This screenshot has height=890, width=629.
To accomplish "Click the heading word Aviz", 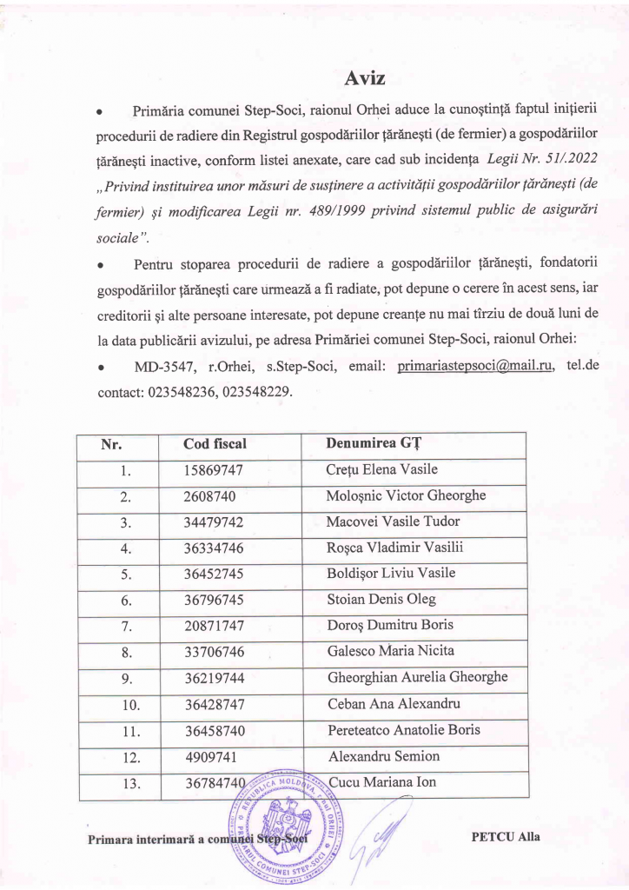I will (x=365, y=78).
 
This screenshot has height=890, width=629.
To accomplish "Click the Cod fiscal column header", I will (x=215, y=444).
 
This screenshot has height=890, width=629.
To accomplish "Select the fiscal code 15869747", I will (x=213, y=470).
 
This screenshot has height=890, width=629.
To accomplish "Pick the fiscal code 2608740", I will (x=209, y=496).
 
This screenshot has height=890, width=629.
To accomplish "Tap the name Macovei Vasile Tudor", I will (x=393, y=521).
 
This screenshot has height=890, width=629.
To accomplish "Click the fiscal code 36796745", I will (x=213, y=600).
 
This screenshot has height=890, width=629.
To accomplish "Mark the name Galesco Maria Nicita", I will (x=390, y=651).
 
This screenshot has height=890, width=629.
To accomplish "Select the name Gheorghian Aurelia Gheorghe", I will (x=417, y=677).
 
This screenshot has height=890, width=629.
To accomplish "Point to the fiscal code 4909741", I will (x=209, y=756).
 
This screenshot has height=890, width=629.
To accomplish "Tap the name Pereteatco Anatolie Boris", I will (x=404, y=729).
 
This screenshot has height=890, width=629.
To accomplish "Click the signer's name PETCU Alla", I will (x=505, y=837).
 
